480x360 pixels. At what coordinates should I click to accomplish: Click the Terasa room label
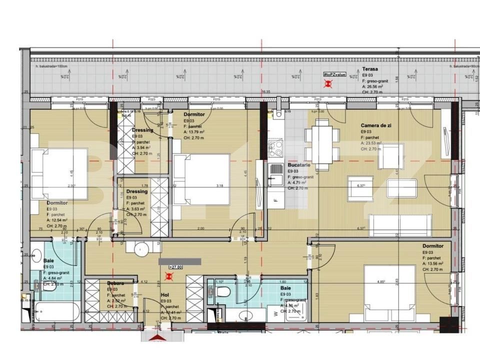tap(370, 69)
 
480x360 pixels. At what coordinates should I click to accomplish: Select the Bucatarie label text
tap(299, 164)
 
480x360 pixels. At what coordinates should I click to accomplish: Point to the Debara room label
tap(115, 283)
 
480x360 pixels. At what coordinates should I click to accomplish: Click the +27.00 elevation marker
tap(176, 267)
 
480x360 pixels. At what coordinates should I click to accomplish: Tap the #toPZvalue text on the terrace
tap(334, 74)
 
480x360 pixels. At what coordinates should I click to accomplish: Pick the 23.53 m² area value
tap(372, 143)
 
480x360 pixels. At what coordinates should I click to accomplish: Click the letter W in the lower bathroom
tap(276, 314)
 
